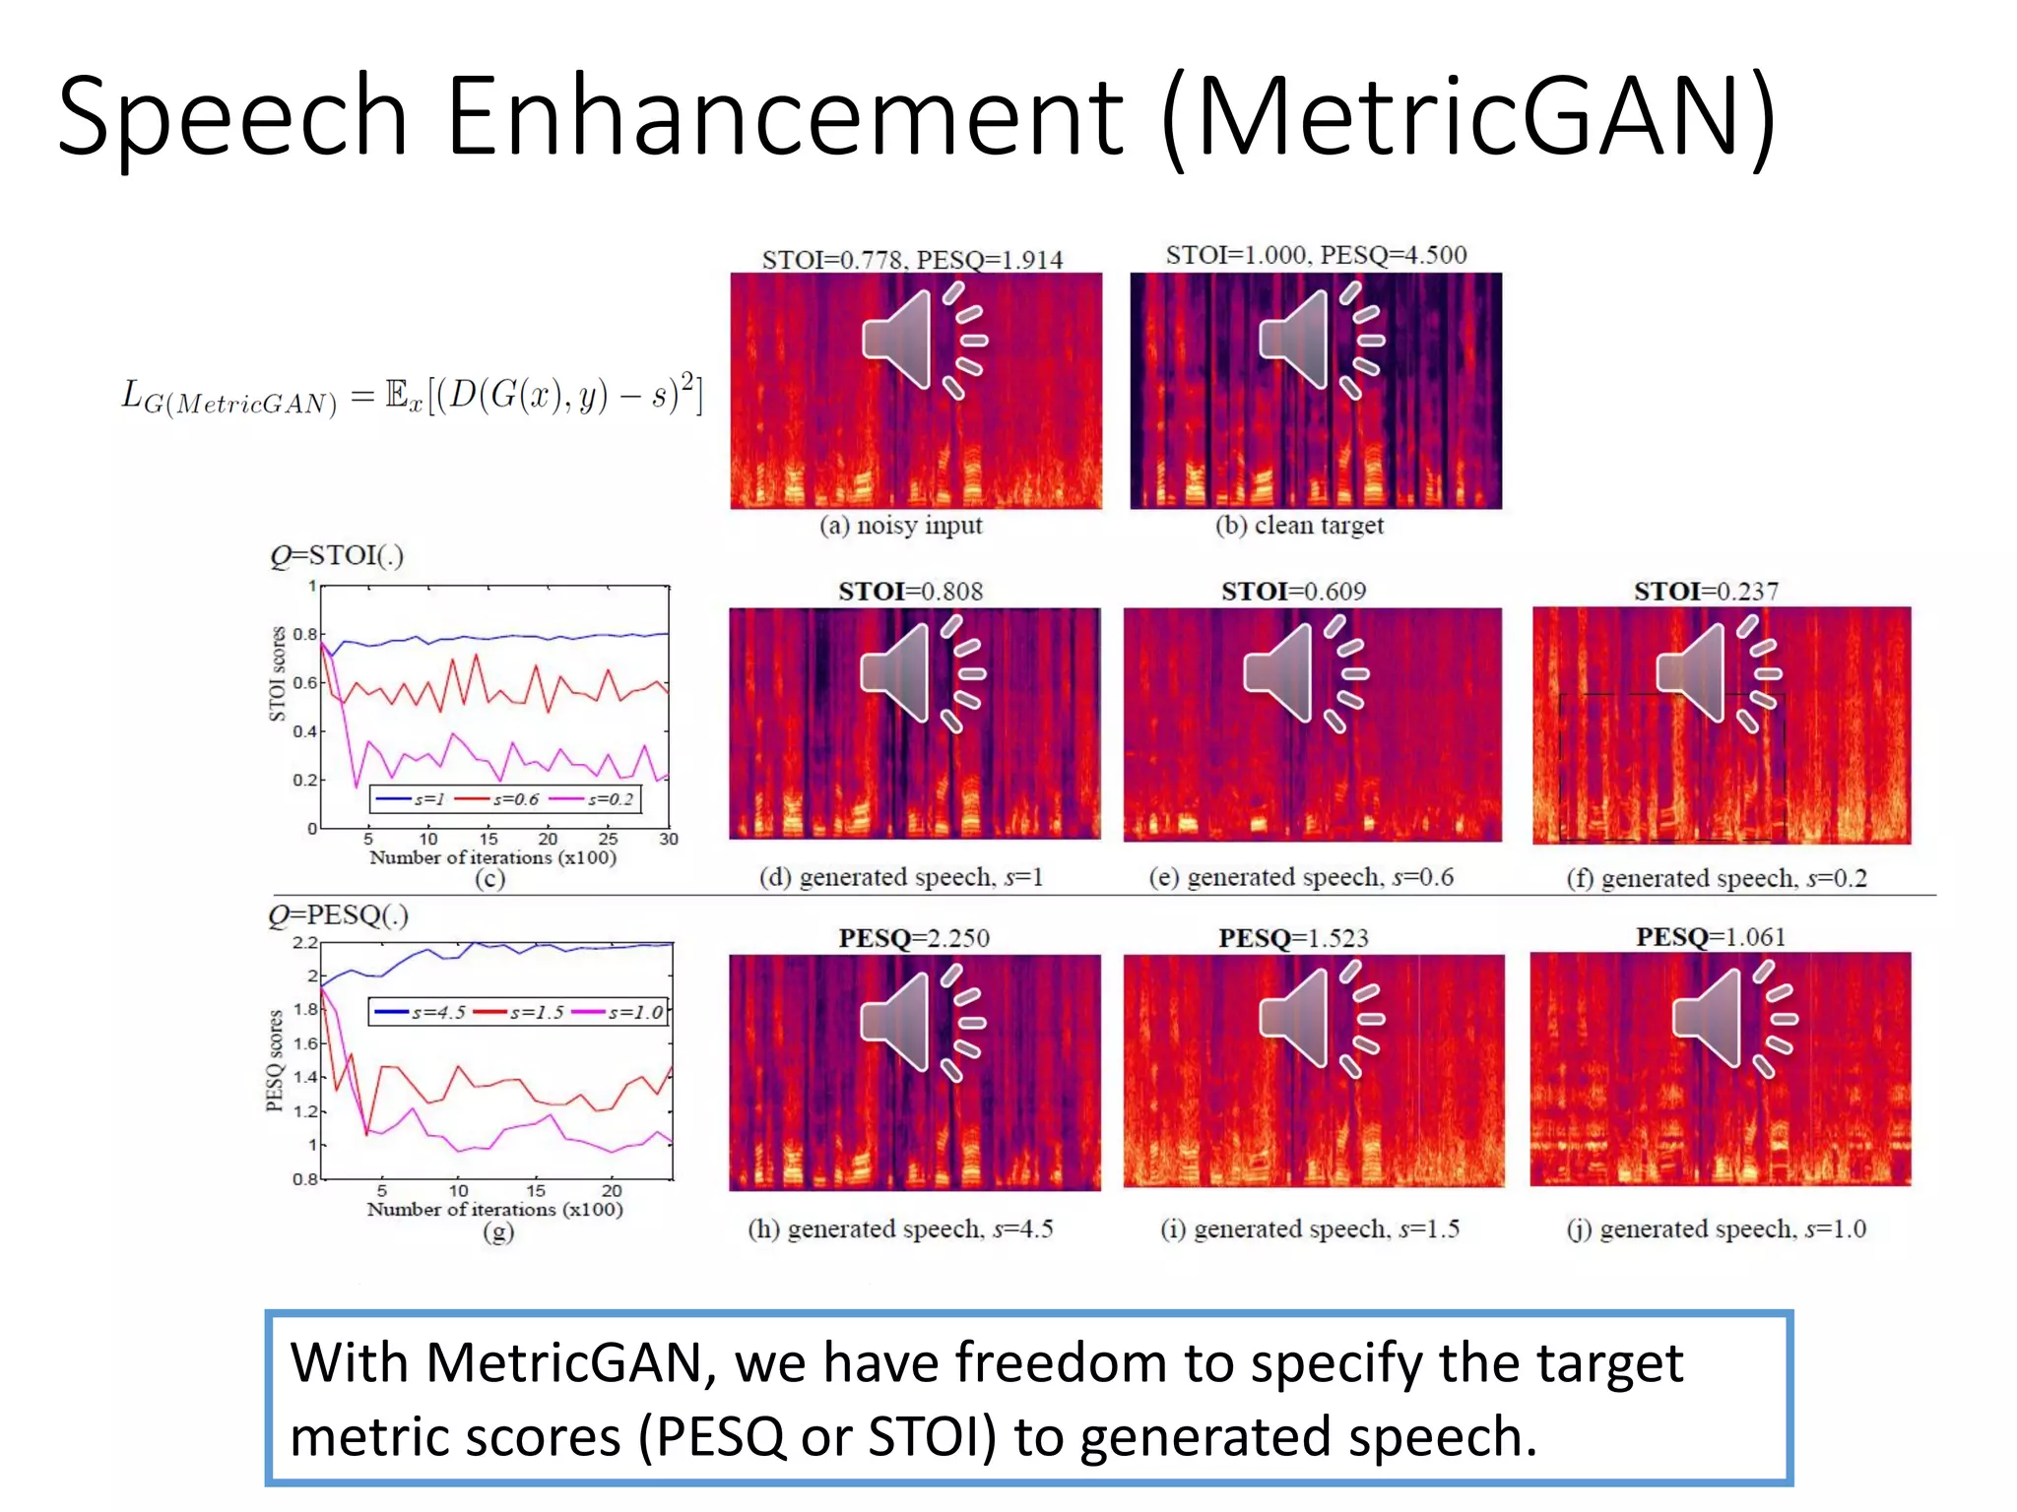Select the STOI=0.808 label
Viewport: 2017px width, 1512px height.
910,592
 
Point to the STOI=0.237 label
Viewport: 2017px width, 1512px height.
1706,592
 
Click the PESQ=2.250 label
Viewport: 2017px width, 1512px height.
914,938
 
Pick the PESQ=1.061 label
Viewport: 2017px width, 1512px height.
1711,937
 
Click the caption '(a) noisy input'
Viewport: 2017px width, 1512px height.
900,526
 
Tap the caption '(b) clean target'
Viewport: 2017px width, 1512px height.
1299,526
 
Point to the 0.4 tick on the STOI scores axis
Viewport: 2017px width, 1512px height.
304,731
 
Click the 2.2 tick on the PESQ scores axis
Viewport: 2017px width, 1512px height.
304,943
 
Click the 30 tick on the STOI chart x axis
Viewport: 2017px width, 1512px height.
669,840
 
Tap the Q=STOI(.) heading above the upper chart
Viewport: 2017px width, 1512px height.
337,556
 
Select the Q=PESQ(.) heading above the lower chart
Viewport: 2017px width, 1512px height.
338,915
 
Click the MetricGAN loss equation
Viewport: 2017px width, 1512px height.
412,396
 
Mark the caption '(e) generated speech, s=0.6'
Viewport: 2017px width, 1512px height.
1300,877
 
